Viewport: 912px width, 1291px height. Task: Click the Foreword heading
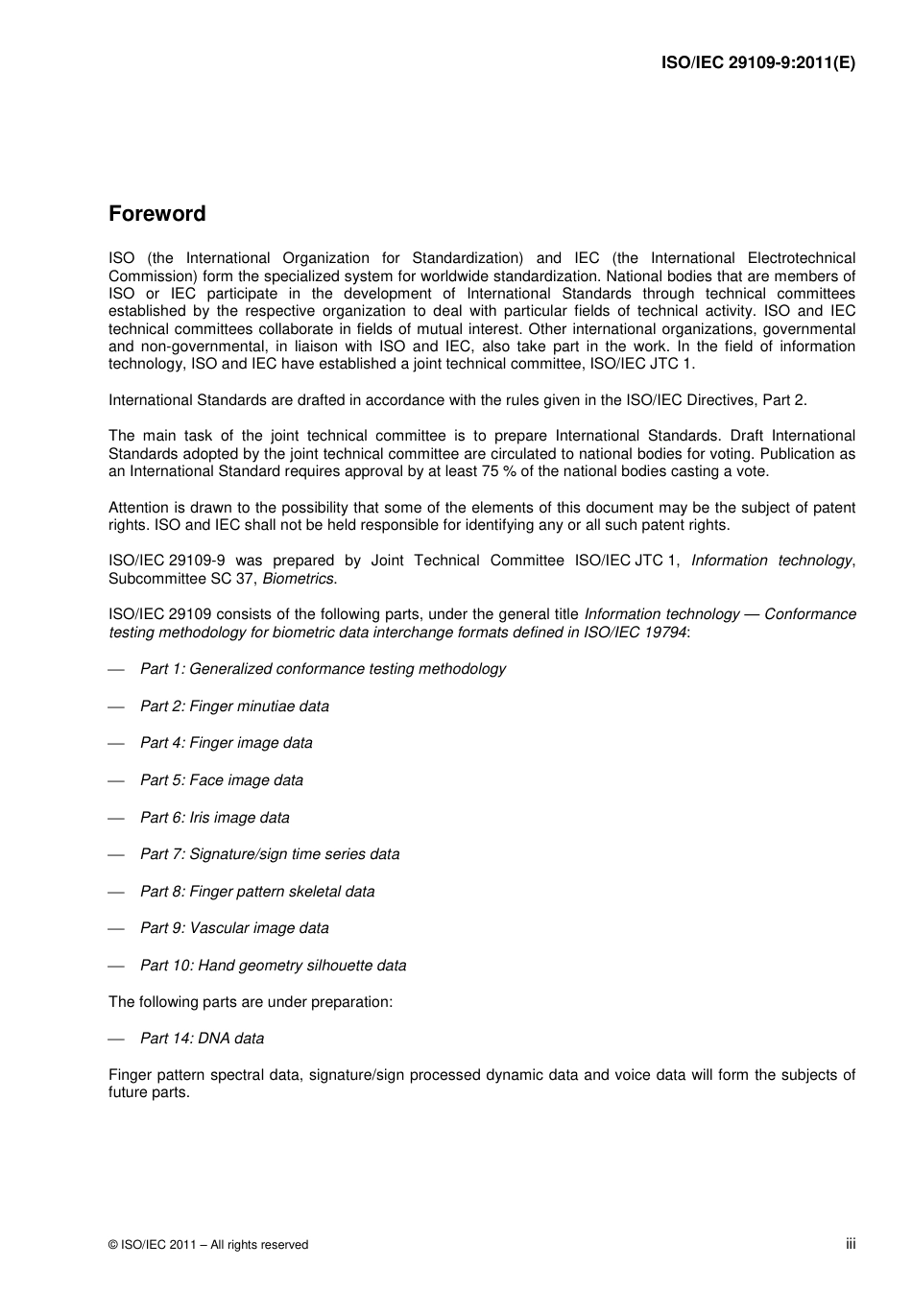pos(156,214)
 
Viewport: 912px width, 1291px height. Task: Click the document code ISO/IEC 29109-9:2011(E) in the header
pos(757,63)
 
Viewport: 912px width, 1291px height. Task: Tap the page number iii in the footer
pos(851,1243)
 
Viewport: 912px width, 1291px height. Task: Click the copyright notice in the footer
pos(208,1245)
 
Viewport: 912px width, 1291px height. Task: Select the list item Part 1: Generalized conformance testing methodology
pos(323,669)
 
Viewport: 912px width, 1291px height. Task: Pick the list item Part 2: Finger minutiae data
pos(234,706)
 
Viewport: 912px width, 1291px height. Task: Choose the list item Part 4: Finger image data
pos(226,743)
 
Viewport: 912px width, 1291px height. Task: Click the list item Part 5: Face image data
pos(221,780)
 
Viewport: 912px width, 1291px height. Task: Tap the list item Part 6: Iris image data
pos(214,818)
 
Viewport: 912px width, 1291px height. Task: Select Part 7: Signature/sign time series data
pos(270,854)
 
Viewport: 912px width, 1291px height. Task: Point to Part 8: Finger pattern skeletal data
pos(257,892)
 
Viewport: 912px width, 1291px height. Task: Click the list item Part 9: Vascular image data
pos(234,928)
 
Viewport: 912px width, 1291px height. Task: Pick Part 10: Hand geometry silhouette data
pos(273,966)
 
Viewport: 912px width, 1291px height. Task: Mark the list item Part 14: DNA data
pos(202,1039)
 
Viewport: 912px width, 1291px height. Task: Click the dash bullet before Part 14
pos(116,1040)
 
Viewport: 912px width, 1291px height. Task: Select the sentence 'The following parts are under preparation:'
pos(251,1002)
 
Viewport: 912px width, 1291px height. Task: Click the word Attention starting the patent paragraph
pos(137,508)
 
